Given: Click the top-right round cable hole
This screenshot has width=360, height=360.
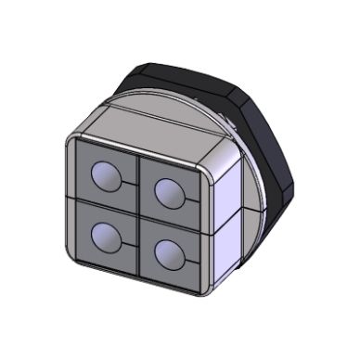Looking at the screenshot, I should coord(170,192).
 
